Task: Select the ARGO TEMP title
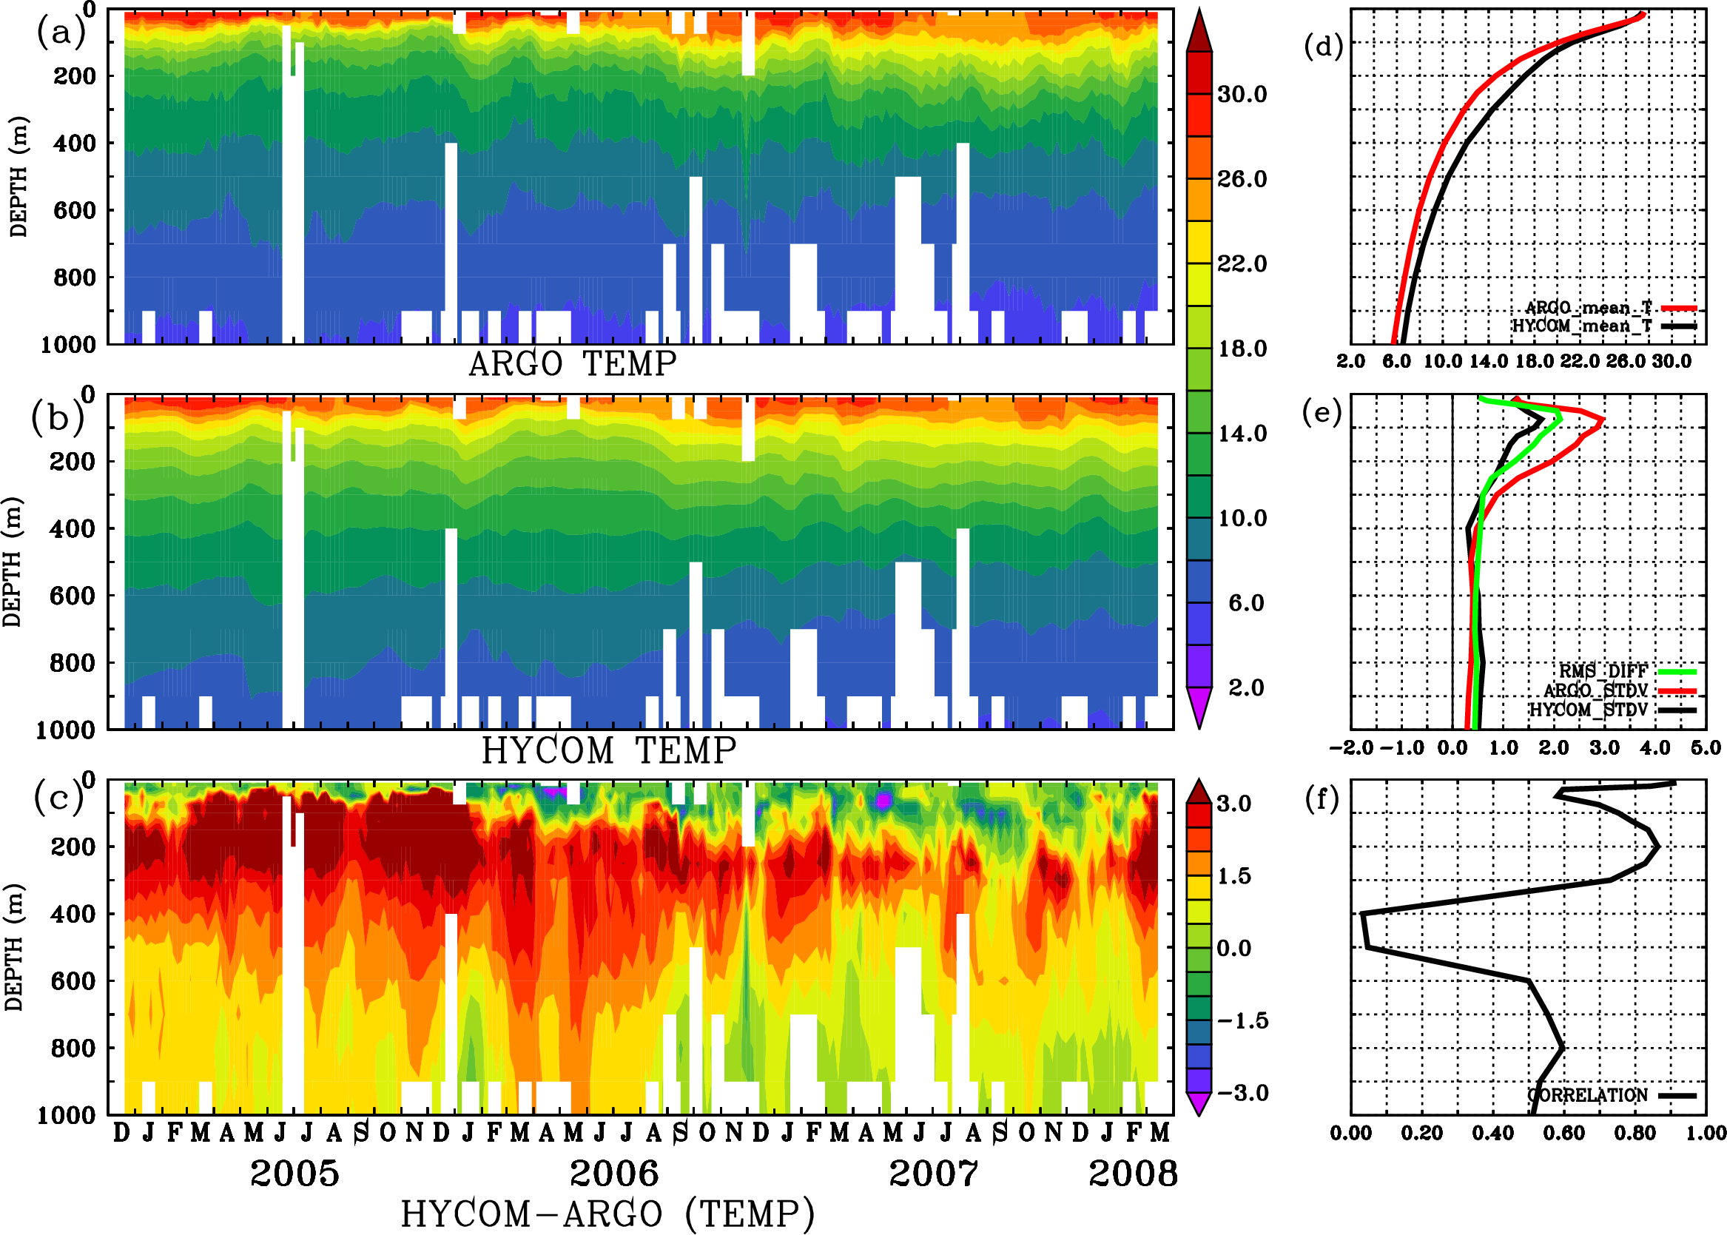pyautogui.click(x=572, y=364)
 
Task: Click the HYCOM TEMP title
pyautogui.click(x=608, y=750)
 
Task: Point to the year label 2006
pyautogui.click(x=613, y=1174)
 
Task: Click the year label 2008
pyautogui.click(x=1132, y=1174)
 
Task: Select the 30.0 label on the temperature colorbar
pyautogui.click(x=1242, y=94)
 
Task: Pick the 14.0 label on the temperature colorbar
pyautogui.click(x=1242, y=434)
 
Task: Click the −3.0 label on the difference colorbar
pyautogui.click(x=1242, y=1093)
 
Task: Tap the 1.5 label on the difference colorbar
pyautogui.click(x=1233, y=876)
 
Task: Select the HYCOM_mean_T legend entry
pyautogui.click(x=1582, y=326)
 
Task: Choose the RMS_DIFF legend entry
pyautogui.click(x=1603, y=670)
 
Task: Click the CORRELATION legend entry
pyautogui.click(x=1588, y=1095)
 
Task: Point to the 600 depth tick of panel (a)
pyautogui.click(x=75, y=210)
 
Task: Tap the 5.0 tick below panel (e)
pyautogui.click(x=1706, y=747)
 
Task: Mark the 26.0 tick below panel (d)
pyautogui.click(x=1625, y=361)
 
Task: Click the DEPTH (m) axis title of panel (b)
pyautogui.click(x=13, y=561)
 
